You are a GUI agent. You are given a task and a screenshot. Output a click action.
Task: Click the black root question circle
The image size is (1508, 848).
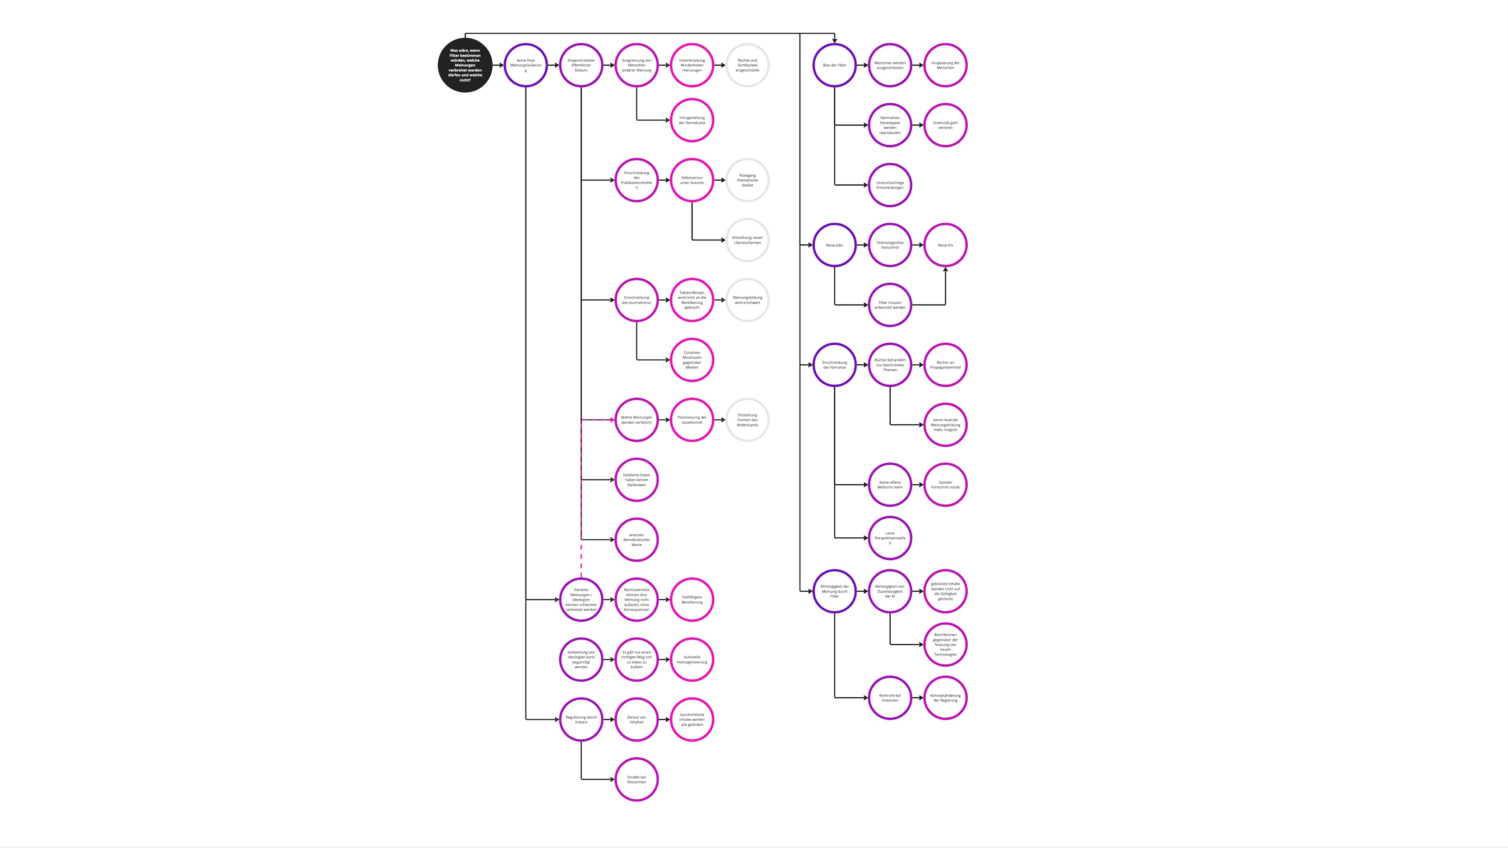tap(465, 65)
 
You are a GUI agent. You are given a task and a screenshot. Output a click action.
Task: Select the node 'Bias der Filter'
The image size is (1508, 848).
tap(834, 65)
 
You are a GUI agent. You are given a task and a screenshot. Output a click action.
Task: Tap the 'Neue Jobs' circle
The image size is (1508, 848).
tap(834, 245)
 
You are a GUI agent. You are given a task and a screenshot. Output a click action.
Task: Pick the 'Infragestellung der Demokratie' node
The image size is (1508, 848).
tap(692, 121)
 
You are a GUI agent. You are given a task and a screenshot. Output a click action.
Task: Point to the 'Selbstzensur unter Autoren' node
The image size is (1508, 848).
tap(692, 180)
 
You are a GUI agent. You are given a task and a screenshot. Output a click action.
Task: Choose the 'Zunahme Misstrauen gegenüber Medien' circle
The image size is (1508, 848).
tap(692, 360)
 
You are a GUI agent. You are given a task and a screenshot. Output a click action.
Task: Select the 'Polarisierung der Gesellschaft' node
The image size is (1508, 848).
tap(692, 420)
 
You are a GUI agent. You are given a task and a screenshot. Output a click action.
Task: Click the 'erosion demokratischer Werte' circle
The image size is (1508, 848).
tap(636, 539)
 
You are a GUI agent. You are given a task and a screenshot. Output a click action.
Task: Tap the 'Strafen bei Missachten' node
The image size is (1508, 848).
tap(636, 780)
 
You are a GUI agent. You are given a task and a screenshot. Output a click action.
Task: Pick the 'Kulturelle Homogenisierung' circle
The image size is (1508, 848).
tap(692, 660)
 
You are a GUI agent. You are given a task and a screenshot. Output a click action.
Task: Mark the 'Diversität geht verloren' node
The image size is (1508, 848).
tap(945, 125)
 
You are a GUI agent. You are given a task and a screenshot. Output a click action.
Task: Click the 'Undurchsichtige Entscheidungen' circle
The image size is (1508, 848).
tap(890, 185)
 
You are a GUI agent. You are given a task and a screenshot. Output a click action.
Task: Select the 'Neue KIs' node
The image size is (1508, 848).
tap(945, 245)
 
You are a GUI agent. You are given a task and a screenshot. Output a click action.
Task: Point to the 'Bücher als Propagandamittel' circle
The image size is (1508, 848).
tap(945, 365)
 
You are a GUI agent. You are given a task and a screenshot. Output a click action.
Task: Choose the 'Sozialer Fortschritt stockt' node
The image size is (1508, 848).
tap(945, 484)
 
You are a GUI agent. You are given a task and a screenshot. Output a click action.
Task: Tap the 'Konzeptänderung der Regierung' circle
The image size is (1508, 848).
tap(945, 698)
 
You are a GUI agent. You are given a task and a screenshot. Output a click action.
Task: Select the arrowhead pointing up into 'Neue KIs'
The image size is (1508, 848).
tap(945, 270)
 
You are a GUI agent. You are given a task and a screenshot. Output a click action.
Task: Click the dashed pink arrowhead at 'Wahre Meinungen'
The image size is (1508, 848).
tap(612, 420)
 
